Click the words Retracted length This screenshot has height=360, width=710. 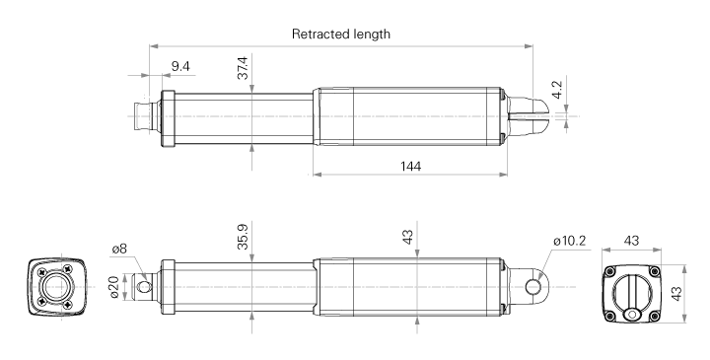340,34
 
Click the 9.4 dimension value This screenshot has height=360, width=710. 180,66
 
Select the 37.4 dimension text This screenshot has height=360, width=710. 243,68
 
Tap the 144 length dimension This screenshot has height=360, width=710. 410,166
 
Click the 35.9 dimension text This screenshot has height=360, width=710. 243,237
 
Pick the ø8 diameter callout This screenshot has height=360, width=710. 119,249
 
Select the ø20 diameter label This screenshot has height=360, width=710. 113,287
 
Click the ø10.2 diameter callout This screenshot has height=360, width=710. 569,241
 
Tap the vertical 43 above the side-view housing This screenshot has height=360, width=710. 408,238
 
